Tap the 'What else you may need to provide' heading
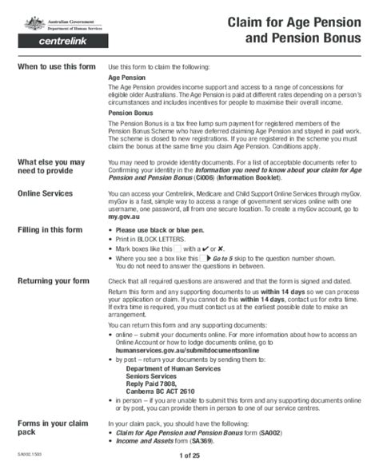pos(51,167)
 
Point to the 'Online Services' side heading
pos(46,193)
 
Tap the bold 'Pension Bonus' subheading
pos(130,114)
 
